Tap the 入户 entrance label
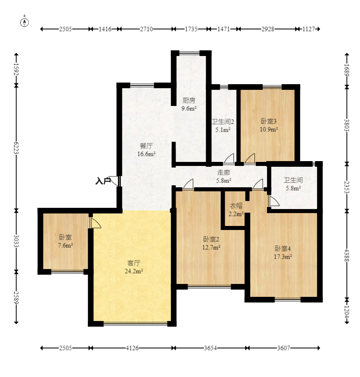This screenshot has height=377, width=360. tap(103, 181)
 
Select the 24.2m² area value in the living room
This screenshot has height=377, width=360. tap(134, 271)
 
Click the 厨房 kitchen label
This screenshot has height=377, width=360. tap(189, 100)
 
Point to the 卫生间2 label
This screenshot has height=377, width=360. tap(223, 122)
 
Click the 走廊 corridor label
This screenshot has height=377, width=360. tap(223, 172)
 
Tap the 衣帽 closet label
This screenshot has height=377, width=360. tap(236, 206)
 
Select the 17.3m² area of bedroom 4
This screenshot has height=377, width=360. tap(283, 257)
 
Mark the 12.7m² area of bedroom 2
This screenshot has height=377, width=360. tap(211, 247)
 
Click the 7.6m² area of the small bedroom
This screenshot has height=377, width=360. tap(65, 245)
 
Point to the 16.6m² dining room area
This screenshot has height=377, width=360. tap(146, 154)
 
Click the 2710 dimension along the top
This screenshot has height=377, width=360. tap(146, 29)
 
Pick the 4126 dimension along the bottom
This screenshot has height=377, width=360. tap(132, 348)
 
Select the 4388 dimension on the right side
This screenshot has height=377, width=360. tap(347, 255)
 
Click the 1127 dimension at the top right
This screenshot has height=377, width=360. tap(308, 29)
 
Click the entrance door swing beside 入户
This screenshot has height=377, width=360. tap(114, 181)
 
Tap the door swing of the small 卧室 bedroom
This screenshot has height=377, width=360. tap(95, 223)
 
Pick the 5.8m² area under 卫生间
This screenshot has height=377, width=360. tap(293, 188)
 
